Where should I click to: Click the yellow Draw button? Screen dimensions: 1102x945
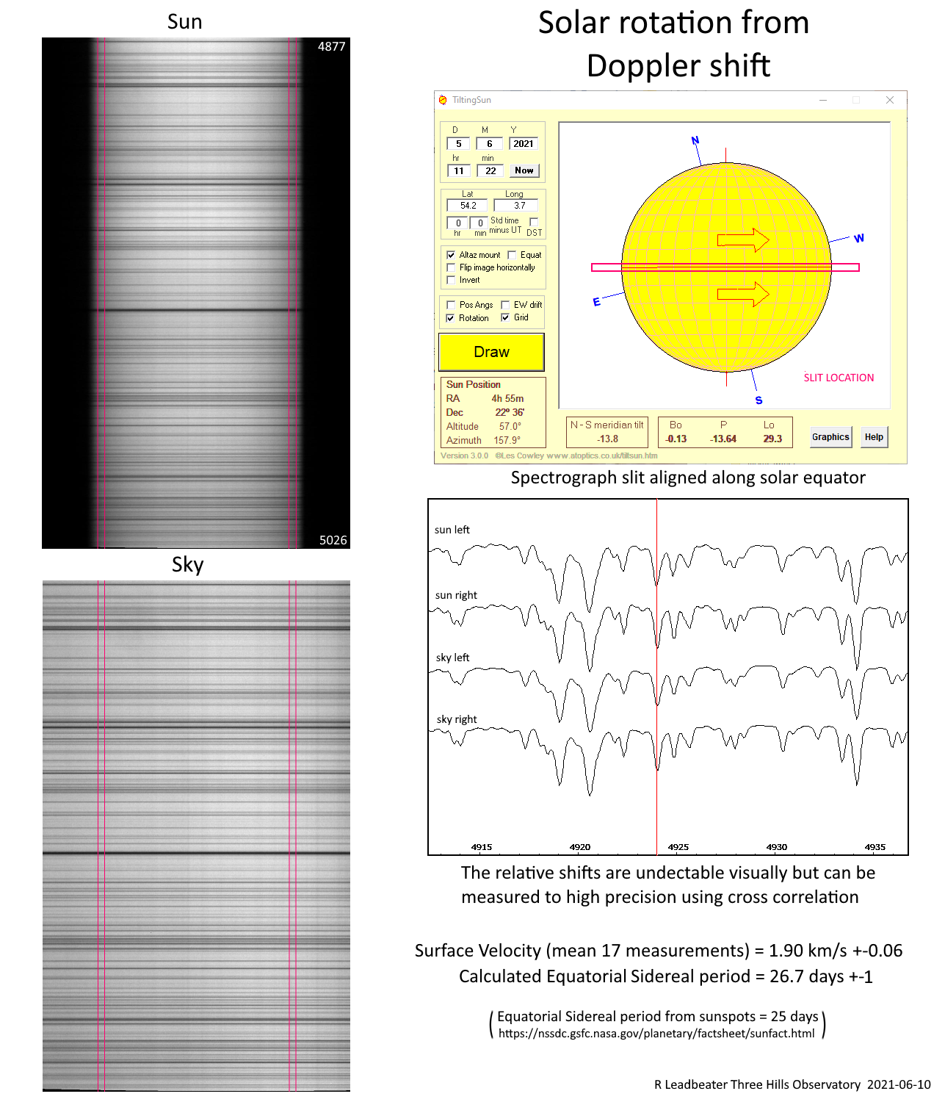[x=491, y=352]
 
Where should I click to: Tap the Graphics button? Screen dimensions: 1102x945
[x=830, y=437]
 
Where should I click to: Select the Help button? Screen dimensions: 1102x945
[x=874, y=437]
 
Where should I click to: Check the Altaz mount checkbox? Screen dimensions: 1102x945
[x=451, y=255]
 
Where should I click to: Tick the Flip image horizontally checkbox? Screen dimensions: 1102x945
[x=451, y=267]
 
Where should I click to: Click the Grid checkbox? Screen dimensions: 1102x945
[x=505, y=317]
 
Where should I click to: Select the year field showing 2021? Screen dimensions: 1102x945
[x=524, y=144]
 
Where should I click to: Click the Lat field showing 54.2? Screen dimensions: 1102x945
[x=468, y=206]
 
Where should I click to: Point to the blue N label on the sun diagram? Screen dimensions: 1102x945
[x=695, y=140]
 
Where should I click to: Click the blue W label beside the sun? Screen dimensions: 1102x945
[x=859, y=238]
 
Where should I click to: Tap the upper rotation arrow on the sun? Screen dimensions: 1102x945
[x=743, y=240]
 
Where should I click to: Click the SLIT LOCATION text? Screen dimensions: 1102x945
[x=839, y=378]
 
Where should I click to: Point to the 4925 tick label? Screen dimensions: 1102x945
[x=678, y=847]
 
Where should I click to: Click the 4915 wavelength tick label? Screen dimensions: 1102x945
[x=482, y=847]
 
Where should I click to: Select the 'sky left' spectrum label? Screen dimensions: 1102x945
[x=452, y=658]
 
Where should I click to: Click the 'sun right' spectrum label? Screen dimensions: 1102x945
[x=456, y=595]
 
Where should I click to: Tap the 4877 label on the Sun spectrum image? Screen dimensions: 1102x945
[x=331, y=46]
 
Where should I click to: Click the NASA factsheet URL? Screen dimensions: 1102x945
[x=656, y=1034]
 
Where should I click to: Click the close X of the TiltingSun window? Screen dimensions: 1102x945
[x=889, y=100]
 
